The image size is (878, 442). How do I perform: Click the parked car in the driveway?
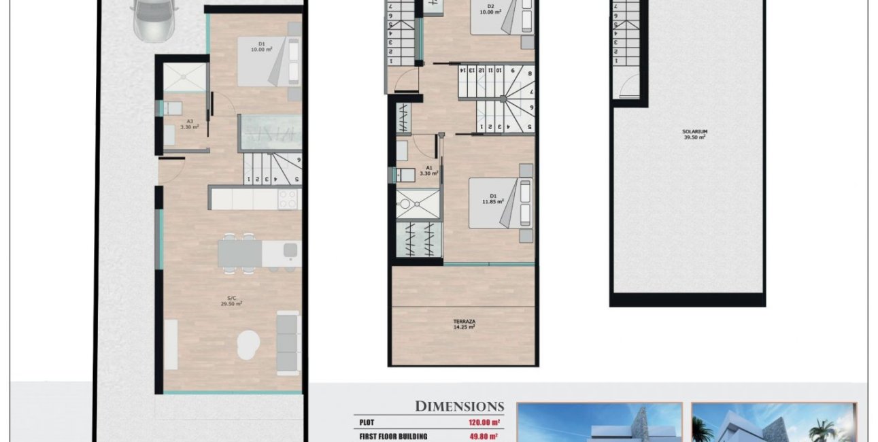click(153, 19)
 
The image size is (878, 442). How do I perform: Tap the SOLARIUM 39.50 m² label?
click(694, 134)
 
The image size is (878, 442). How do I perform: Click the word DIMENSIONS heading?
click(460, 407)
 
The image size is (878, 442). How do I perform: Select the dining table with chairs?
click(240, 254)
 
